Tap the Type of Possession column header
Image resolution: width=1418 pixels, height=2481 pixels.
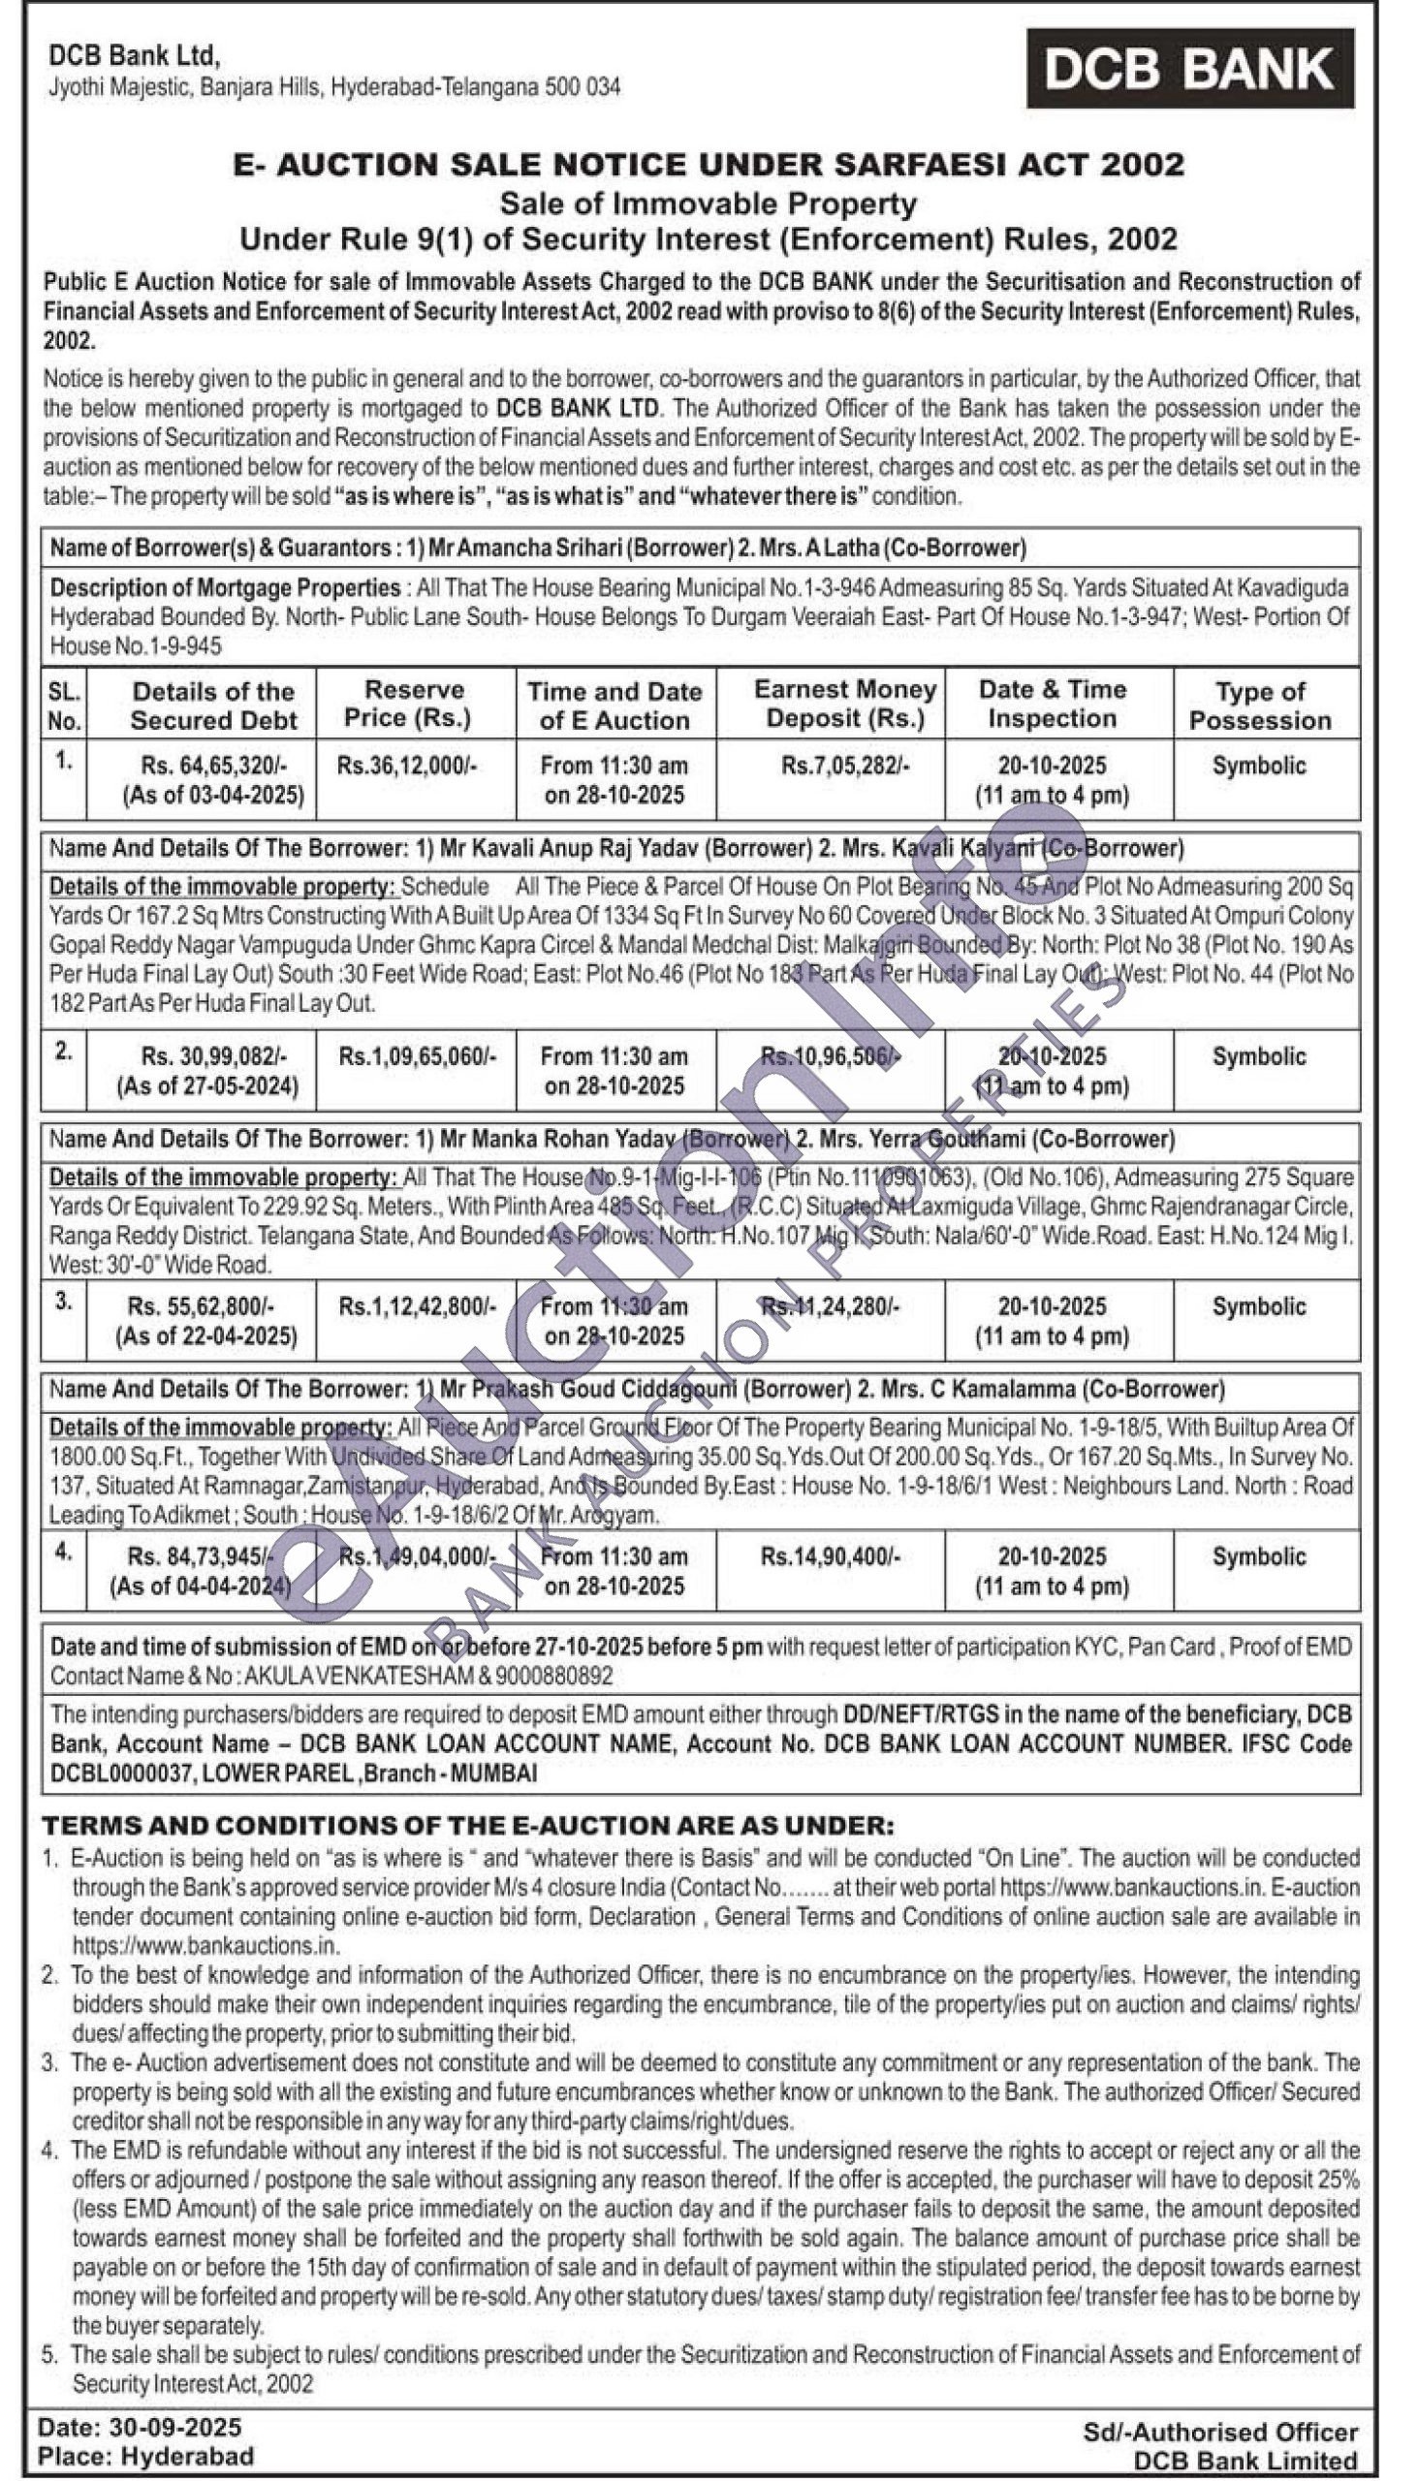click(1260, 706)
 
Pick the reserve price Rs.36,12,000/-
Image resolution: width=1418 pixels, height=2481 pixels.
click(407, 766)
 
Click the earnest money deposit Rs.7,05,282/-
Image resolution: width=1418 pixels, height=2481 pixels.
click(845, 766)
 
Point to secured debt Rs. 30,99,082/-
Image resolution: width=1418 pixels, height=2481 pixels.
click(214, 1056)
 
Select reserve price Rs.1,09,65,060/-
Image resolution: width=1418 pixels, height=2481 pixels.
click(417, 1056)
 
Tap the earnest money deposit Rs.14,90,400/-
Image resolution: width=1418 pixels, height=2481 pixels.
click(831, 1557)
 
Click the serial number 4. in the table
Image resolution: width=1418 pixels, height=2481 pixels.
click(63, 1555)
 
